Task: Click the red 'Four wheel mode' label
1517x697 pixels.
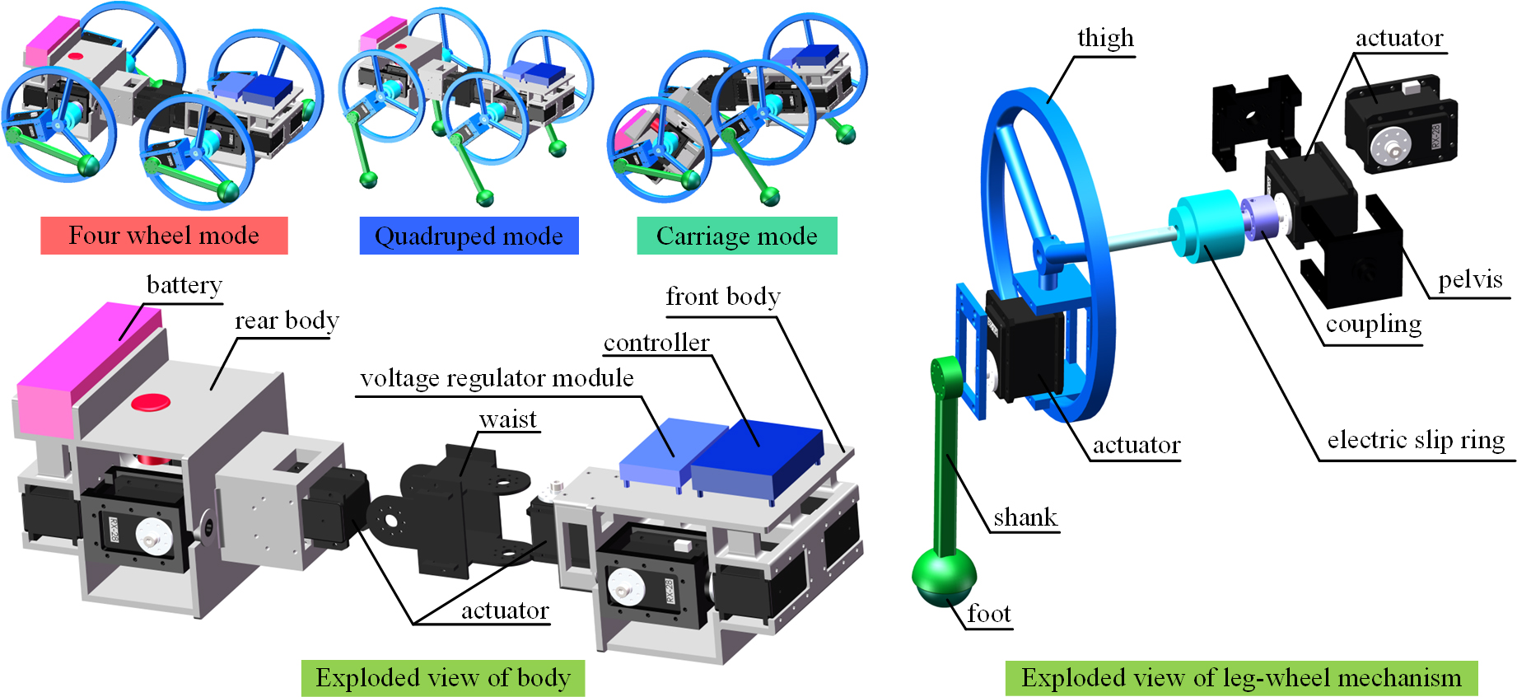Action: tap(164, 236)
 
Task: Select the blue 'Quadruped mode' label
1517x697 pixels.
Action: tap(469, 236)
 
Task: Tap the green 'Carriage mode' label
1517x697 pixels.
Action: tap(737, 236)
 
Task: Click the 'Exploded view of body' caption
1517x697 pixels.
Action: tap(443, 678)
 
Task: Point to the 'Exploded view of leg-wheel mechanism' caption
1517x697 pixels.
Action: tap(1241, 678)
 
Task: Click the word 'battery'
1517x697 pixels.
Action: tap(184, 285)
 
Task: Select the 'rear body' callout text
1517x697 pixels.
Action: tap(287, 320)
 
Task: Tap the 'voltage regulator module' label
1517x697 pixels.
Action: tap(497, 378)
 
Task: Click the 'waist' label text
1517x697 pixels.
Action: tap(508, 420)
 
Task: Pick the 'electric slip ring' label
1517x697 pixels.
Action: tap(1416, 440)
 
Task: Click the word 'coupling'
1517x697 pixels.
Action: tap(1373, 325)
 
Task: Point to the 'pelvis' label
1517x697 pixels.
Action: tap(1470, 280)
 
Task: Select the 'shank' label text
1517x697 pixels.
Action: tap(1025, 517)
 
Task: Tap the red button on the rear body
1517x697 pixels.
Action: tap(151, 402)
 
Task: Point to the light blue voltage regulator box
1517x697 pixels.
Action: tap(662, 452)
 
